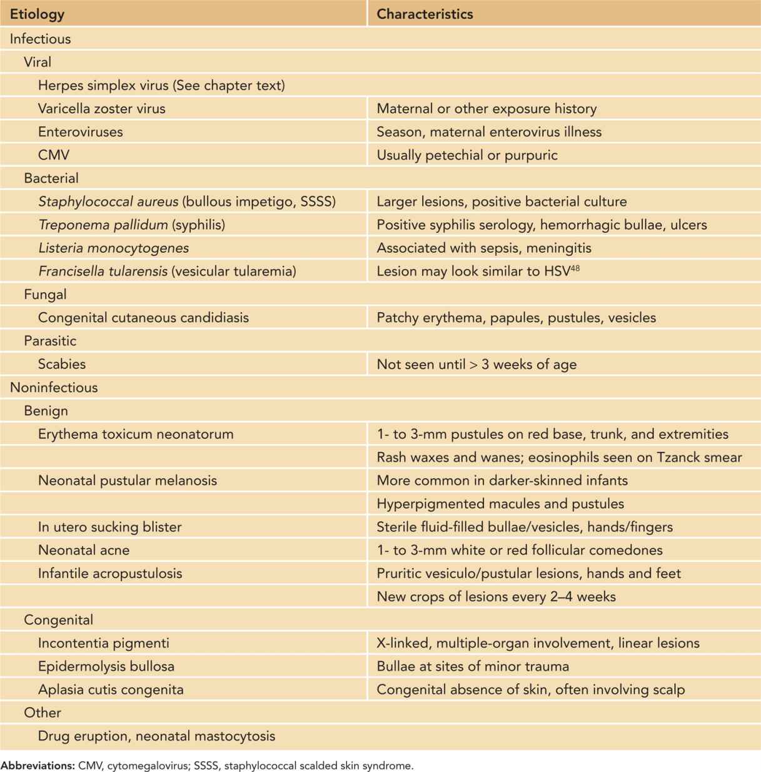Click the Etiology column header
coord(38,14)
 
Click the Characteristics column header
coord(425,14)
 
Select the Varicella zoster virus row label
coord(102,108)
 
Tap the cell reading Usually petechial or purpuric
coord(466,155)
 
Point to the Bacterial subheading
coord(51,178)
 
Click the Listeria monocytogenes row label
coord(113,248)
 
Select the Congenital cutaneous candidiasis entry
coord(143,317)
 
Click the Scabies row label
coord(62,364)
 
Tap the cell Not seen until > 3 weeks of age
coord(476,364)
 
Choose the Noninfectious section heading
coord(54,387)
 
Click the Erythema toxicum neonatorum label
coord(136,434)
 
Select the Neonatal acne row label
coord(84,550)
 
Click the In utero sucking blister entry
coord(110,527)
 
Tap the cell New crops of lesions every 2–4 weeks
coord(496,597)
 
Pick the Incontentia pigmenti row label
coord(104,643)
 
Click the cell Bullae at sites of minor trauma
coord(473,666)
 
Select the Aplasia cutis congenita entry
coord(111,689)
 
